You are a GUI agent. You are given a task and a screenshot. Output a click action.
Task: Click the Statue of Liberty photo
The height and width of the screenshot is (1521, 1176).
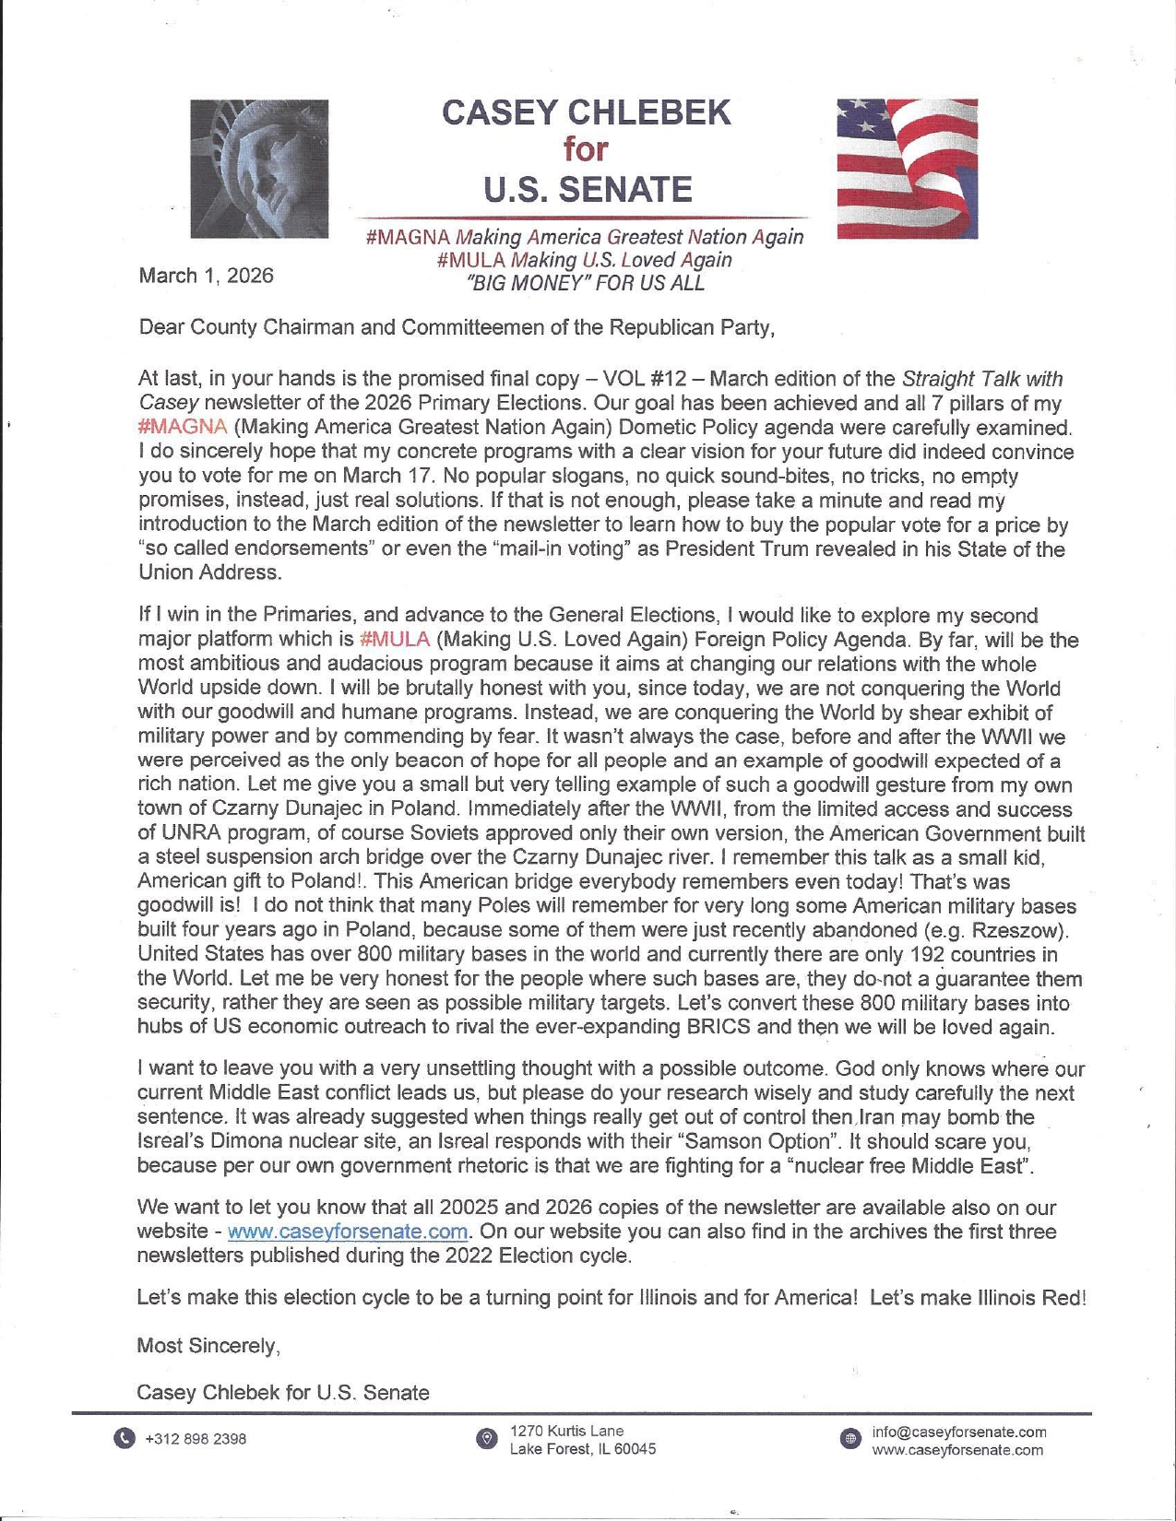tap(259, 169)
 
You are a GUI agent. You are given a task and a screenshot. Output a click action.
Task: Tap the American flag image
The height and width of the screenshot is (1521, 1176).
tap(907, 169)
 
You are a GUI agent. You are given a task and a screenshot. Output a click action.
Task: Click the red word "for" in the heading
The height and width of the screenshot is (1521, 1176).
tap(586, 149)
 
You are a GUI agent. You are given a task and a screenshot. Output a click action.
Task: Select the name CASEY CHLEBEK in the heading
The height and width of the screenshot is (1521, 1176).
tap(587, 112)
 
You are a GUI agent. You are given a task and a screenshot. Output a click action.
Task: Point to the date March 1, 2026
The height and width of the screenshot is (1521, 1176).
tap(206, 276)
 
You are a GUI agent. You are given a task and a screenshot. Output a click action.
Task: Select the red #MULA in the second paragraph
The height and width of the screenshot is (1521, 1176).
tap(395, 640)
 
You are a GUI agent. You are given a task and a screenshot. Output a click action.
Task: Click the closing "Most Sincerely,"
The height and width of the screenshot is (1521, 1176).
tap(208, 1346)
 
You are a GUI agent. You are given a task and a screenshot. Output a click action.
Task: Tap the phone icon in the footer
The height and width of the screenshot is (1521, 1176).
tap(125, 1439)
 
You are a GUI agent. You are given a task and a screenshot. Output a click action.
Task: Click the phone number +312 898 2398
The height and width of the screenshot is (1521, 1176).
tap(196, 1440)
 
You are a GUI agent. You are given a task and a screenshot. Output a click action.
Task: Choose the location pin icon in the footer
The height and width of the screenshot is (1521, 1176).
tap(486, 1439)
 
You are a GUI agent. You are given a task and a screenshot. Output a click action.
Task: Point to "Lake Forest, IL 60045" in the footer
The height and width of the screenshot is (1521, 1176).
tap(583, 1449)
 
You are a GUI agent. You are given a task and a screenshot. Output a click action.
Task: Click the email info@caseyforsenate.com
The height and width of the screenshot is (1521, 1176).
tap(959, 1433)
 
